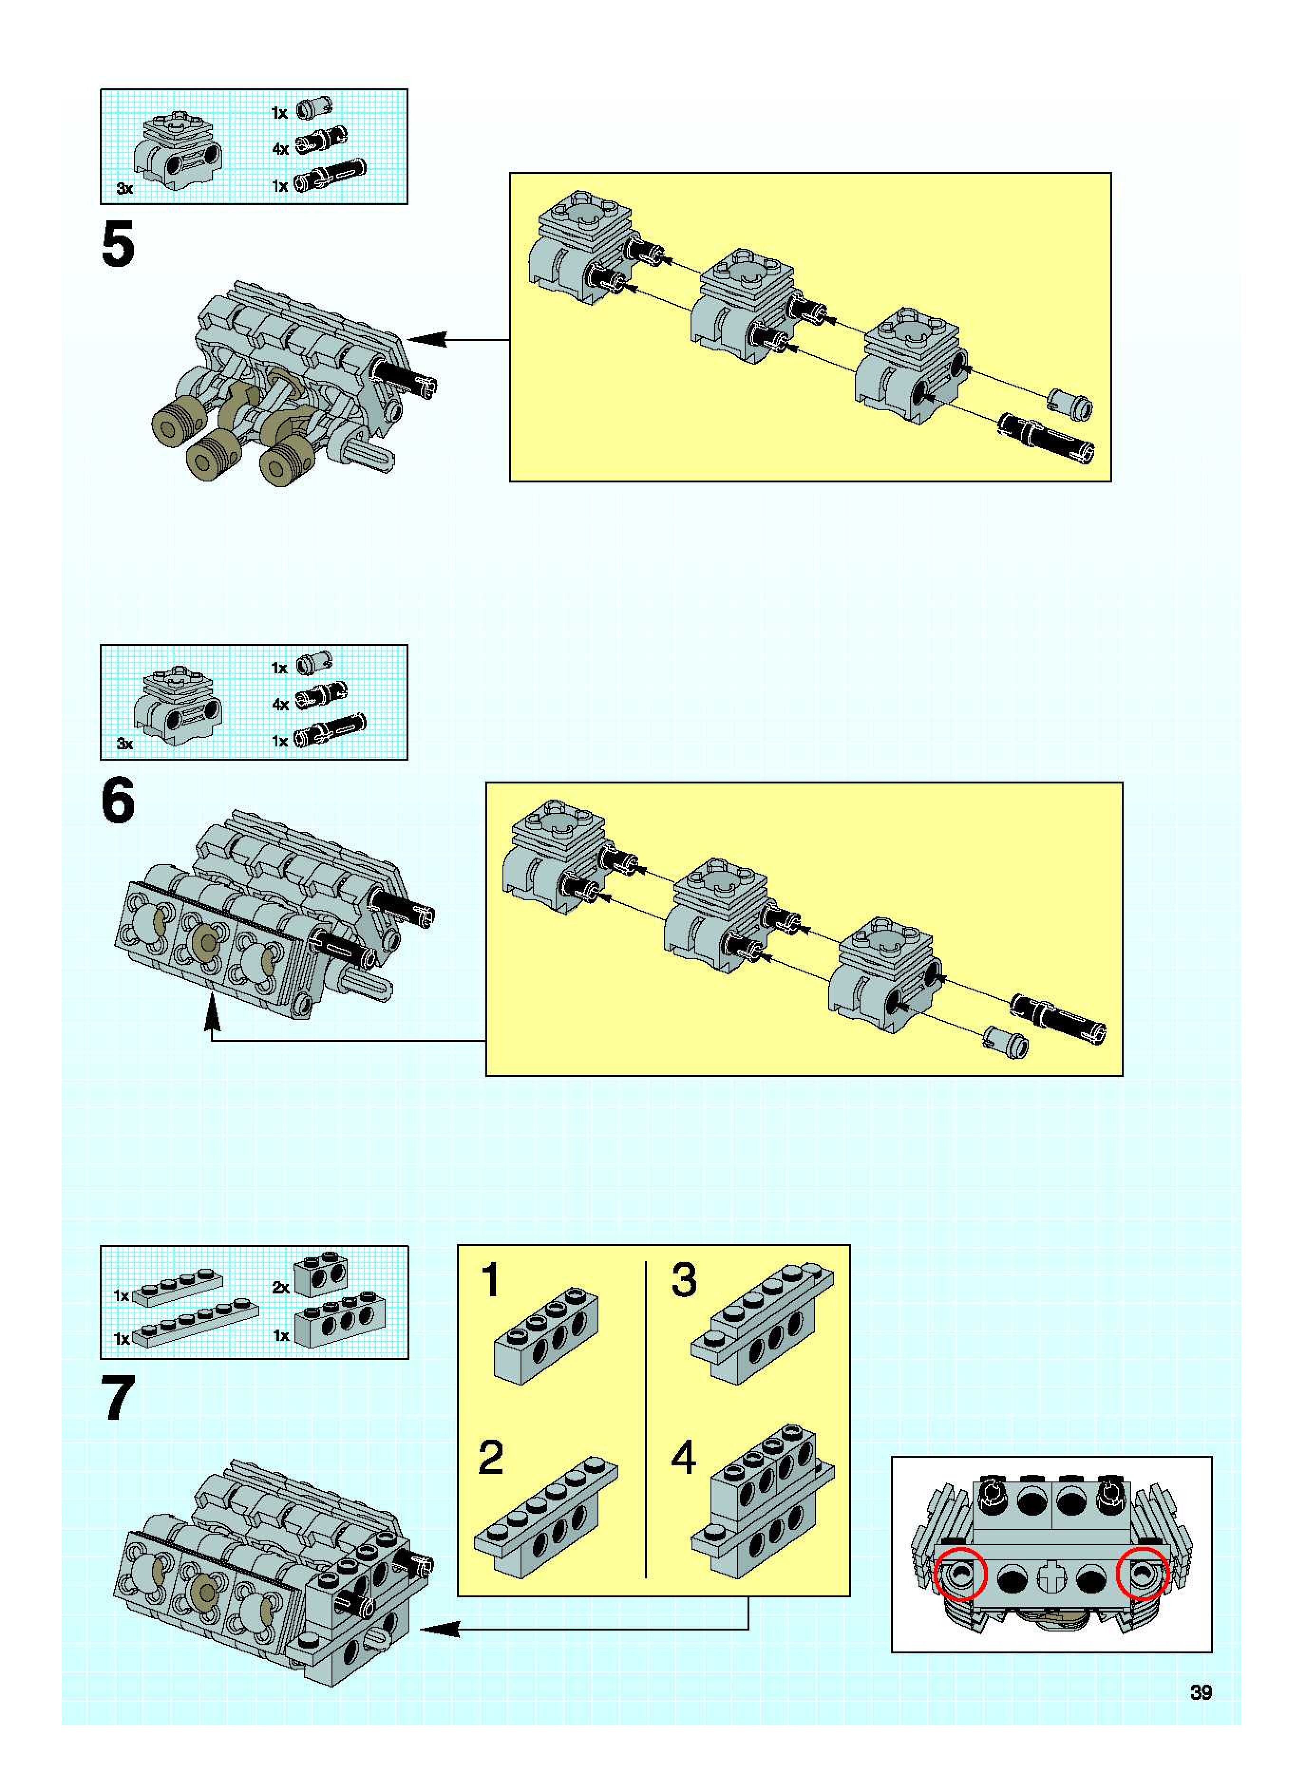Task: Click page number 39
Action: (x=1201, y=1692)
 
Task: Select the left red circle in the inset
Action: (x=961, y=1574)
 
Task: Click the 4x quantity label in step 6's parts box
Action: (x=280, y=704)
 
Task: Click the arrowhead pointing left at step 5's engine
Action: (x=427, y=340)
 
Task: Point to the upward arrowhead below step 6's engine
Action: (x=211, y=1013)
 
